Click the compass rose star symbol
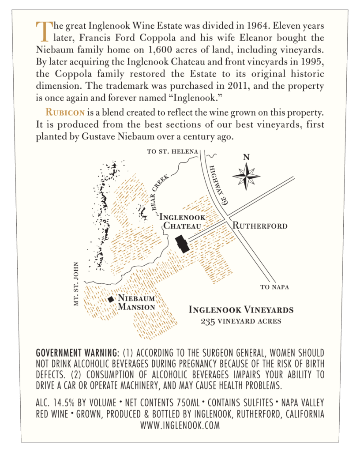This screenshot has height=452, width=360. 246,176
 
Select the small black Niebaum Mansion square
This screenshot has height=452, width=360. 111,299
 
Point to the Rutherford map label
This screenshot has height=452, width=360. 260,226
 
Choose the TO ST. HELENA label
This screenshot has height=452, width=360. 172,152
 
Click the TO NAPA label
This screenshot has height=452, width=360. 274,287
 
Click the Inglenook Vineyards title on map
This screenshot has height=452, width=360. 241,310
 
